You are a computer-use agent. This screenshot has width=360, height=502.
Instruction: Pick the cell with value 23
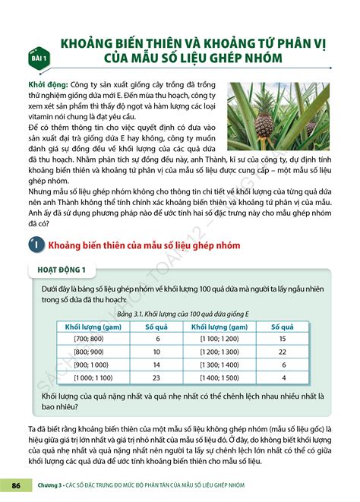coord(157,377)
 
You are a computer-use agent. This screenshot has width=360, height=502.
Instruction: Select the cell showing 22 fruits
coord(283,352)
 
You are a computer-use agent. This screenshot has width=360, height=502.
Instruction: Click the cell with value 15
coord(283,338)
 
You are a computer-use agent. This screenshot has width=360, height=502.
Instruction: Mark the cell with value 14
coord(157,365)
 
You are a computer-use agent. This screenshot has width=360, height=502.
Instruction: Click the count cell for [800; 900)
coord(157,352)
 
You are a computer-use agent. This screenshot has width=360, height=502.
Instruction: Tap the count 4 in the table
coord(283,377)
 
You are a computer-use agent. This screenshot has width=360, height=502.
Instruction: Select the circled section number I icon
coord(35,245)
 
